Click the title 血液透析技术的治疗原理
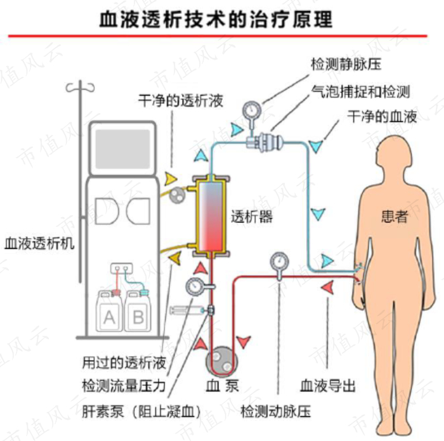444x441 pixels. coord(216,18)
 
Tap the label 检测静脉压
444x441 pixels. coord(346,64)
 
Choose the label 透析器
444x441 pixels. coord(252,217)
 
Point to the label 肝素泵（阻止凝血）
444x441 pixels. coord(141,411)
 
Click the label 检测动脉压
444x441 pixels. coord(275,411)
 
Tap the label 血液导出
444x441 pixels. coord(327,385)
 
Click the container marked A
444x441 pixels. coord(109,312)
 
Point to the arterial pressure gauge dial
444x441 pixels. coord(278,260)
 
